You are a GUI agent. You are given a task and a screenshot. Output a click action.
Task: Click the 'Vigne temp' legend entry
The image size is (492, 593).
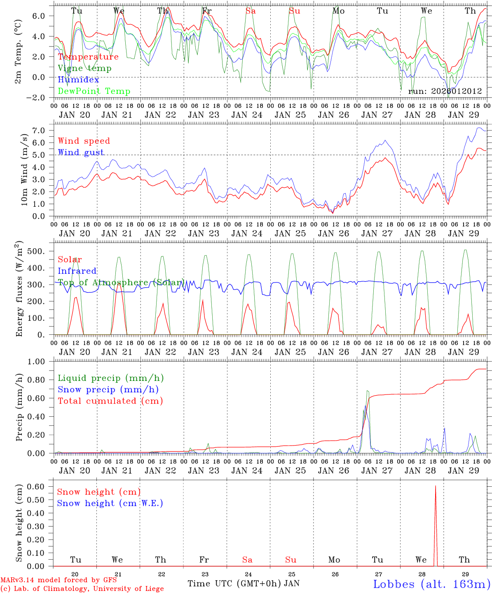84,68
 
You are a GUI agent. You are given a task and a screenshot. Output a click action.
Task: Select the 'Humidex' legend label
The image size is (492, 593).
78,80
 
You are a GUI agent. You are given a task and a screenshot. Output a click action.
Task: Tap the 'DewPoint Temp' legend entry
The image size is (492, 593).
94,91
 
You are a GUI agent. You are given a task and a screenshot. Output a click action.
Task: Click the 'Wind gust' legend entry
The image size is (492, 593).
81,152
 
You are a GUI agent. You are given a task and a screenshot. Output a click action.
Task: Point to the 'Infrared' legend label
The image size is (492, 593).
77,271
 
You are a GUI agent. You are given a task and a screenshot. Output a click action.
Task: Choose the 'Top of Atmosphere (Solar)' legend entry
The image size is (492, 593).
121,282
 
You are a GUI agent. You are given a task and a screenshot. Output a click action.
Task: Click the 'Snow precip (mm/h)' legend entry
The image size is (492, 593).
108,390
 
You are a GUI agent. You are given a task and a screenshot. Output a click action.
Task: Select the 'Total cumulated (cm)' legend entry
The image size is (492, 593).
110,401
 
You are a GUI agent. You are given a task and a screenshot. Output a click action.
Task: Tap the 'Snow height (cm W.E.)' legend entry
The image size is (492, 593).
110,503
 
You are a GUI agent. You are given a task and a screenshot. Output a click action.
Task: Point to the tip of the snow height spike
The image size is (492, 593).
435,486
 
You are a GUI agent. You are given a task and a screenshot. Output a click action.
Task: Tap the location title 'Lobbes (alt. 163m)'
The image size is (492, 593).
431,584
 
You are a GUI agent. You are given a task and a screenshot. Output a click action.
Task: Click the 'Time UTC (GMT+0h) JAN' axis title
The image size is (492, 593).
243,584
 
